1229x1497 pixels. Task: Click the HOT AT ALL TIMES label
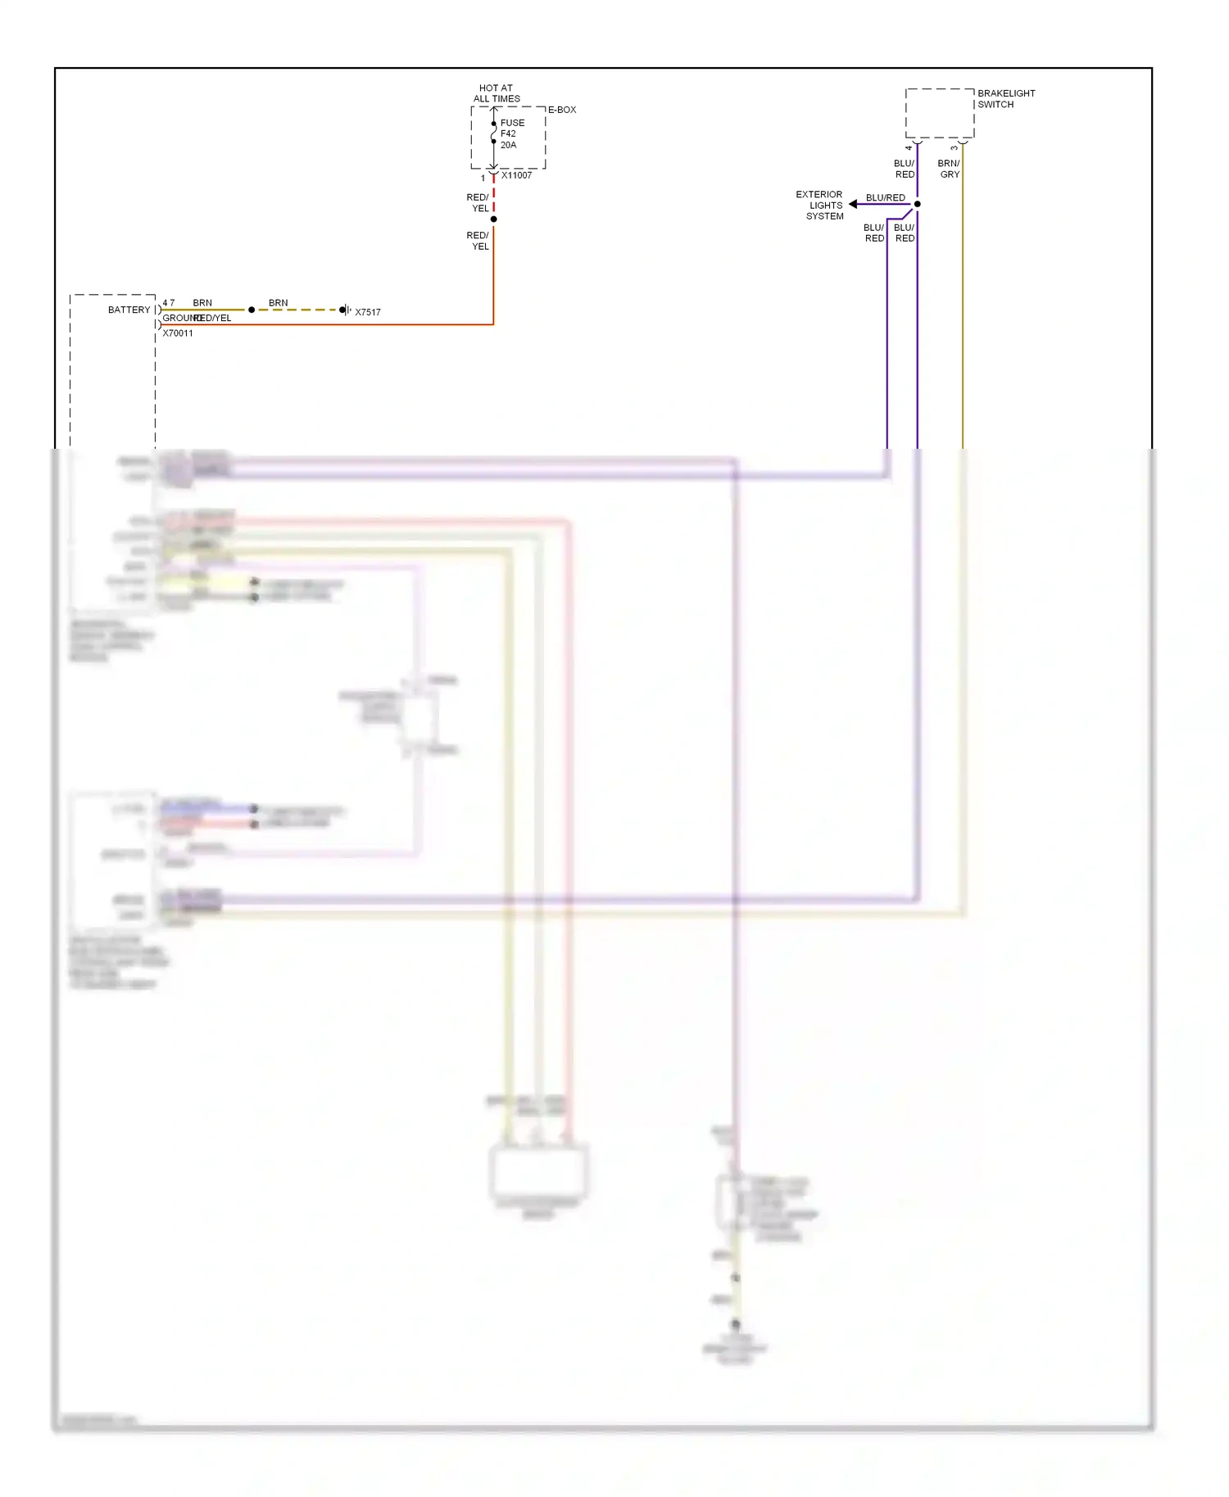pyautogui.click(x=496, y=93)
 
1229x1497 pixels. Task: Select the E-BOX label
pyautogui.click(x=562, y=110)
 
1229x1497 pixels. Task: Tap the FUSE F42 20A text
pyautogui.click(x=511, y=133)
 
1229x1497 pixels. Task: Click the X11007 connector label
pyautogui.click(x=516, y=175)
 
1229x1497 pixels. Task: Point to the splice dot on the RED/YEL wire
pyautogui.click(x=493, y=219)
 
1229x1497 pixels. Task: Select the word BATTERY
pyautogui.click(x=129, y=310)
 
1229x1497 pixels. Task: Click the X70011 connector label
pyautogui.click(x=178, y=333)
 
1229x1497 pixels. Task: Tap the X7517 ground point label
pyautogui.click(x=368, y=312)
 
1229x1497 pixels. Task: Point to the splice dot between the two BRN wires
pyautogui.click(x=252, y=310)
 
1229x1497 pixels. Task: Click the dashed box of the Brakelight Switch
pyautogui.click(x=939, y=113)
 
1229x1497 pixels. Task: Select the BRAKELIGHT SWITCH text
pyautogui.click(x=1005, y=99)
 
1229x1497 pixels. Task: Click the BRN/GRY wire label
pyautogui.click(x=949, y=169)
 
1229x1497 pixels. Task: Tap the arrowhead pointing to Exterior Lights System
pyautogui.click(x=853, y=204)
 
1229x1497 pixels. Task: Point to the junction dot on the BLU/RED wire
pyautogui.click(x=917, y=204)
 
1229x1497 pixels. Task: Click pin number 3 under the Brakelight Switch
pyautogui.click(x=954, y=148)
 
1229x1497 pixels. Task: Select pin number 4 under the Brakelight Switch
pyautogui.click(x=908, y=148)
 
